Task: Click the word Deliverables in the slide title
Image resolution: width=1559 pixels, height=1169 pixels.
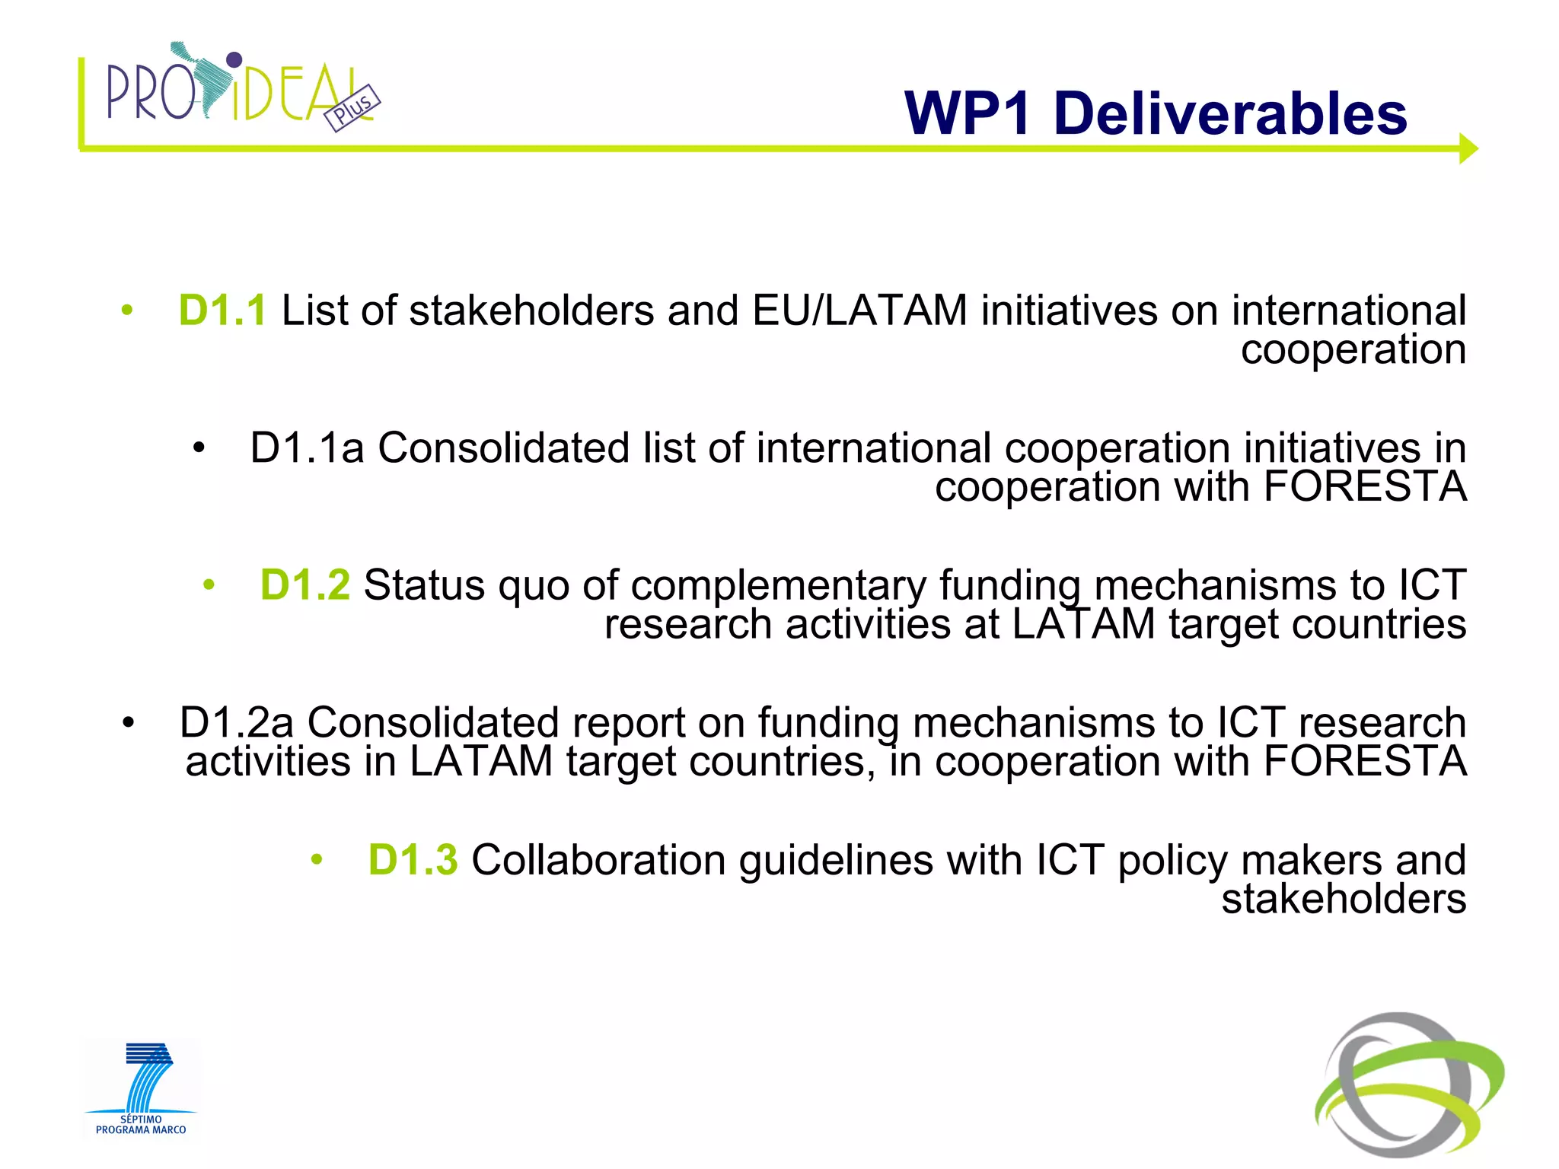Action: pyautogui.click(x=1230, y=114)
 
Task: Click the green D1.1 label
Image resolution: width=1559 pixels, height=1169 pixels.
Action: pyautogui.click(x=222, y=311)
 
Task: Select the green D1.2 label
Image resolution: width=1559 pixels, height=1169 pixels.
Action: pyautogui.click(x=304, y=585)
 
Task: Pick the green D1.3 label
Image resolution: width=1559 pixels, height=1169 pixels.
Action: pyautogui.click(x=413, y=860)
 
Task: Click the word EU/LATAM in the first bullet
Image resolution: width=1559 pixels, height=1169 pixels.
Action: pyautogui.click(x=859, y=311)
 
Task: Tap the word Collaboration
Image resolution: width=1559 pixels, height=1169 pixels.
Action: pyautogui.click(x=598, y=860)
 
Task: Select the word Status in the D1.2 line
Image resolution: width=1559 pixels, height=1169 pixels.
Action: pyautogui.click(x=424, y=585)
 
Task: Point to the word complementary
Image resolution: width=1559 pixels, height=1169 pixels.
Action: pyautogui.click(x=778, y=587)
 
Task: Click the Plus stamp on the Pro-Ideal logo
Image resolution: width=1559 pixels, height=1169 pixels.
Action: pyautogui.click(x=352, y=108)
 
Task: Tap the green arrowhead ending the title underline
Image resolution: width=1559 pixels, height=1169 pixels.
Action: pyautogui.click(x=1468, y=148)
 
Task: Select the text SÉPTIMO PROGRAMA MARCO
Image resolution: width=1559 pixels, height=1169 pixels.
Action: pyautogui.click(x=141, y=1125)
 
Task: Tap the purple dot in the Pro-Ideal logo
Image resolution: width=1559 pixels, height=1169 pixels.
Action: pyautogui.click(x=234, y=59)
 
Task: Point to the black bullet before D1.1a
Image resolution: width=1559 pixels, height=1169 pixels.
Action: pyautogui.click(x=199, y=448)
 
